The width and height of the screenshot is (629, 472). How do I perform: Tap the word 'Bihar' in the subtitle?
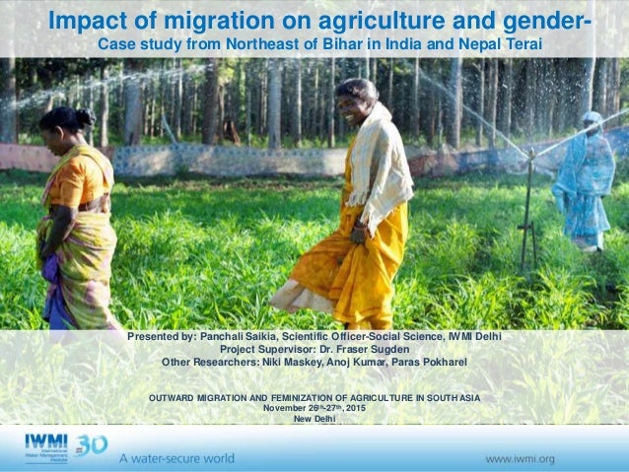pos(347,45)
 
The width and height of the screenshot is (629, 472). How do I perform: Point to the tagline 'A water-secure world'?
pos(177,458)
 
